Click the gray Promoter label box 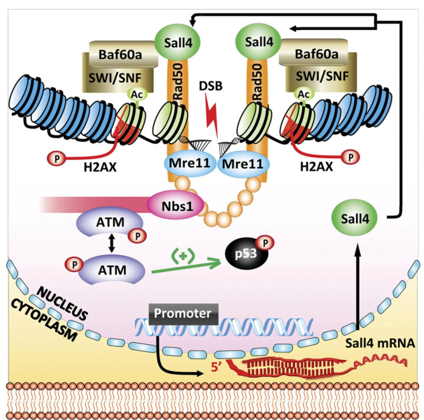tap(182, 314)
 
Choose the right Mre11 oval tap(242, 164)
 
